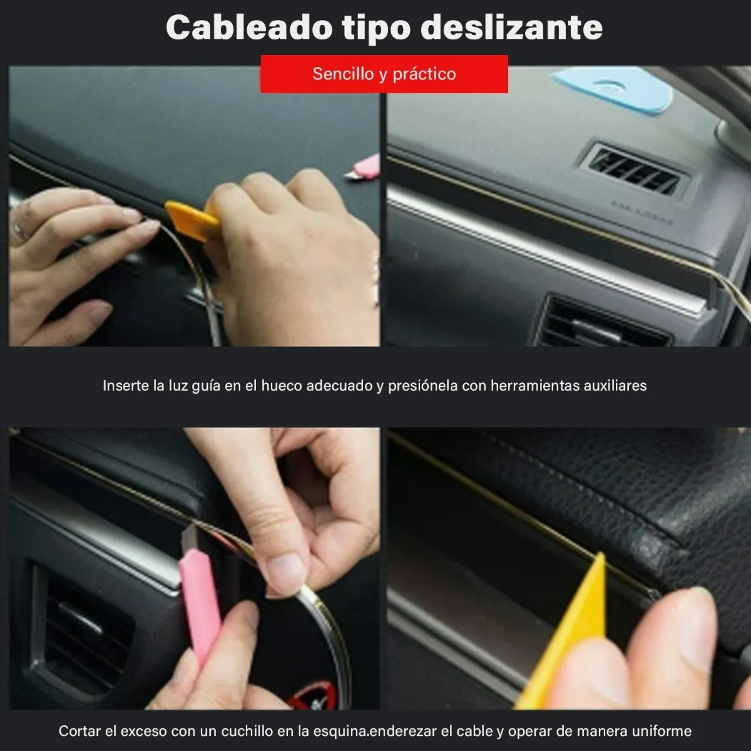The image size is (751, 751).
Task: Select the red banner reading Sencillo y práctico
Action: (384, 74)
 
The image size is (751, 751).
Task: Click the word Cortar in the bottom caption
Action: (79, 731)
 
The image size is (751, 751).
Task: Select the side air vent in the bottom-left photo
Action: (81, 632)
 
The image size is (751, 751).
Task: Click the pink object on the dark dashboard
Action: (364, 168)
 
